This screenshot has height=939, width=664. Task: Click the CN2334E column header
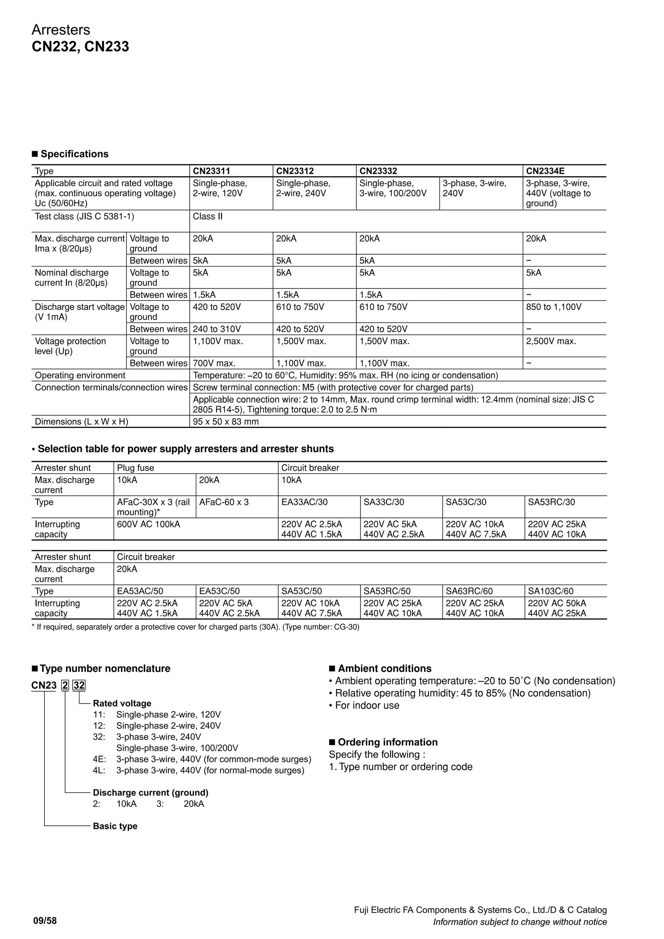[545, 171]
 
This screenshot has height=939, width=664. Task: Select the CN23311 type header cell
[211, 171]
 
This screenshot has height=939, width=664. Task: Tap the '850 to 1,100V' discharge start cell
[554, 307]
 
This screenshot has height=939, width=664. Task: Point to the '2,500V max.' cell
[551, 341]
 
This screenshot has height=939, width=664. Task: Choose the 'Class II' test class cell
[208, 216]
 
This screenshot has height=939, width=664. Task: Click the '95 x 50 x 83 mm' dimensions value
[226, 422]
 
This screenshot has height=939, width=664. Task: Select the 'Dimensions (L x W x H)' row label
[81, 422]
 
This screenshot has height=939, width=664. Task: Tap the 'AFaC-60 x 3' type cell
[224, 502]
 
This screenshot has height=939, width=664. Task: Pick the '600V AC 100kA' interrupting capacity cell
[148, 524]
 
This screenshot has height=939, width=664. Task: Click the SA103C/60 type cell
[550, 591]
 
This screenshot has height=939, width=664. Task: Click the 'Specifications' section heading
[75, 154]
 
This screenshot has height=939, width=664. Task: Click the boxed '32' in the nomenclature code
[79, 685]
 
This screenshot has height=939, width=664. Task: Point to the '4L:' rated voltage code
[99, 770]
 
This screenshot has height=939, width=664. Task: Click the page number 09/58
[45, 921]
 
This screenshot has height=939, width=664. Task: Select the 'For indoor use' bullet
[367, 705]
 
